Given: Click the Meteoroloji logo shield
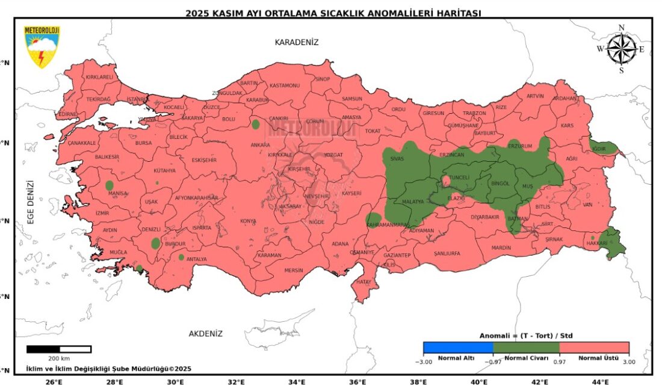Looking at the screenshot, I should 42,46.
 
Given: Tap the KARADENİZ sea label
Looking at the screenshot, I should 296,42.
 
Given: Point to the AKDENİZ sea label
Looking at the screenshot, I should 206,334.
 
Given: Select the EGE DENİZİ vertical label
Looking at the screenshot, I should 30,202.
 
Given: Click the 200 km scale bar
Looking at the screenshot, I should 59,349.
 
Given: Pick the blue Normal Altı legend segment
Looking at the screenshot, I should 457,347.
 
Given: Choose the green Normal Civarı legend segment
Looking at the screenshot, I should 526,347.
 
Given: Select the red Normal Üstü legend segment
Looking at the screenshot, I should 594,347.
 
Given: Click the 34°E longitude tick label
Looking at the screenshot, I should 297,382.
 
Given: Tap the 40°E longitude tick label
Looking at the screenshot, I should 479,382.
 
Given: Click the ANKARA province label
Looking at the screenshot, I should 260,145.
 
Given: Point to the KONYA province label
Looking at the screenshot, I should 248,221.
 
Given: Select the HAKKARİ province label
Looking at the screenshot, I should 597,244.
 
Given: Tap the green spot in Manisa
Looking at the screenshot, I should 110,185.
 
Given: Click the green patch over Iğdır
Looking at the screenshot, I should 605,147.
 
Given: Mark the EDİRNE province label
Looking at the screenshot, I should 67,114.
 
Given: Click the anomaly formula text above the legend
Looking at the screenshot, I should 525,335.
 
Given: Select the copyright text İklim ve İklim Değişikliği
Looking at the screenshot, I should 108,369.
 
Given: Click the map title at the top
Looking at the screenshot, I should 333,13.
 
